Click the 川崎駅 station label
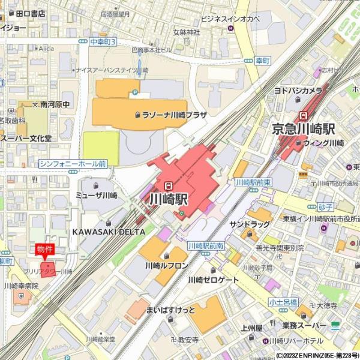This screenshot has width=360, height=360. (169, 199)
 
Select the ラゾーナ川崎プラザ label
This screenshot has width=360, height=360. (175, 114)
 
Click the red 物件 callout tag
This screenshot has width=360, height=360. (45, 249)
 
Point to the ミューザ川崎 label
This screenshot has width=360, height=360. (97, 196)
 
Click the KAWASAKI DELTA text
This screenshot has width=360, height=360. (105, 231)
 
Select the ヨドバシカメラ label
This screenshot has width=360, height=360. (298, 91)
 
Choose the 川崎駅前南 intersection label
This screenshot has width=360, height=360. (206, 246)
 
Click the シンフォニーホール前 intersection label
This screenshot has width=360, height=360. (73, 163)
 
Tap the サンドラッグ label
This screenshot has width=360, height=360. (250, 224)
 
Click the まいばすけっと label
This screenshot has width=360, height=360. (171, 310)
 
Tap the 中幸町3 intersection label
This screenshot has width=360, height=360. (103, 41)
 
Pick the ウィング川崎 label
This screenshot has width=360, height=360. (323, 143)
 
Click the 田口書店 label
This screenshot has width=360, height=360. (31, 13)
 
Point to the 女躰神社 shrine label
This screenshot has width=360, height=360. (186, 32)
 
